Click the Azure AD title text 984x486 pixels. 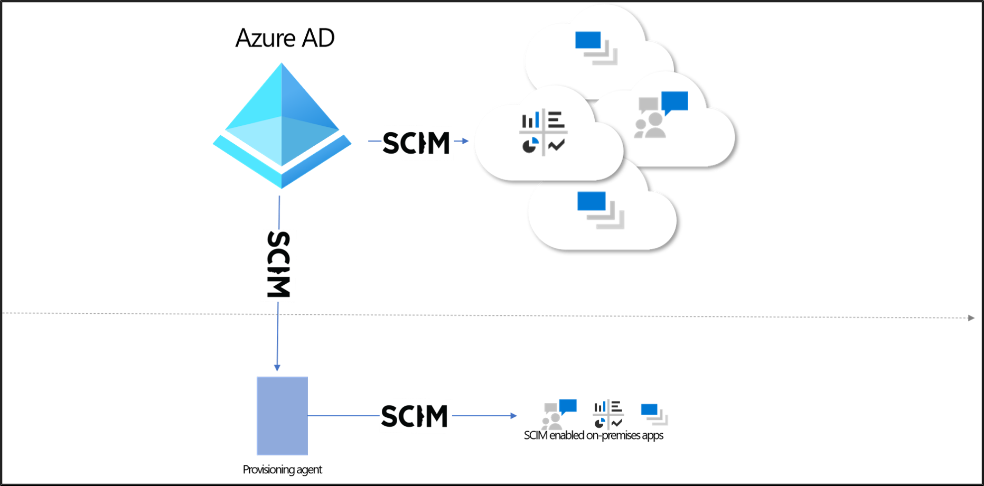285,38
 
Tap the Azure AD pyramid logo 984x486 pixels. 282,126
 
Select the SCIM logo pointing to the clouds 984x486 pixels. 416,143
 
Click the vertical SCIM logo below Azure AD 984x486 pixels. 278,264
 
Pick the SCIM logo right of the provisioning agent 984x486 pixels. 415,416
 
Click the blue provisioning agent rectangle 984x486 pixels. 282,416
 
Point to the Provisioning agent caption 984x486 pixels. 282,470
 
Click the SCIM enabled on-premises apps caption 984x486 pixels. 594,435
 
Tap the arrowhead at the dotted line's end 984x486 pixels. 971,318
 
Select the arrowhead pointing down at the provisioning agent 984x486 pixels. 277,368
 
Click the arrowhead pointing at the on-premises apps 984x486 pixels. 513,416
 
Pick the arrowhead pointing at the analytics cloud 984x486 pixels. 465,141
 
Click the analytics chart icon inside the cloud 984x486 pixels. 543,133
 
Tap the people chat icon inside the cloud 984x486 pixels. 661,115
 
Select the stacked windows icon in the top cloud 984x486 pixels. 596,48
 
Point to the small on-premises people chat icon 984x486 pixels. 559,414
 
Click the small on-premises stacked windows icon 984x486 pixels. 654,415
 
